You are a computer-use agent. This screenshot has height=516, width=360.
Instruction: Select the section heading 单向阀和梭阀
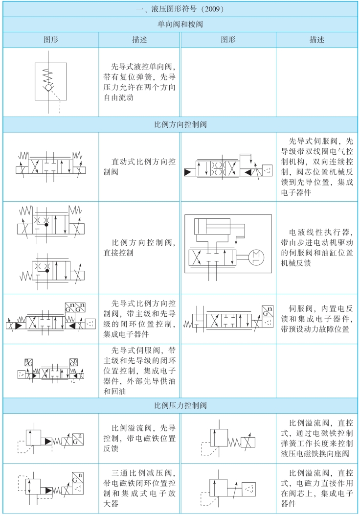pos(180,24)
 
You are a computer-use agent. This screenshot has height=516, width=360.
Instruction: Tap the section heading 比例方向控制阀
pos(180,124)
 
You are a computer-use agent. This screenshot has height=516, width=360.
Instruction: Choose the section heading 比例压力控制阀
pos(180,405)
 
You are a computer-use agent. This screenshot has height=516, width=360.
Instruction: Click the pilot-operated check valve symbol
pos(50,82)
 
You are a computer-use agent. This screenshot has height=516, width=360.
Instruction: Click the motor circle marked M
pos(256,256)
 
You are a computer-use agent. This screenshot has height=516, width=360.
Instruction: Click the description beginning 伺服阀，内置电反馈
pos(317,319)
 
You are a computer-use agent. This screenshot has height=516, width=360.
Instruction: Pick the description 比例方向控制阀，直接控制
pos(139,247)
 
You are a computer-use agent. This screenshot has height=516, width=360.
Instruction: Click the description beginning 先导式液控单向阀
pos(139,81)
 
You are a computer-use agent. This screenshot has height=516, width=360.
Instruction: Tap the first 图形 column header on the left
pos(50,40)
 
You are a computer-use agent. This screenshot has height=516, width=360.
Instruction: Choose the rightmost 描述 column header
pos(317,40)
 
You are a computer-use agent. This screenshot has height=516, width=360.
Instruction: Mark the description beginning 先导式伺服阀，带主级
pos(139,371)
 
